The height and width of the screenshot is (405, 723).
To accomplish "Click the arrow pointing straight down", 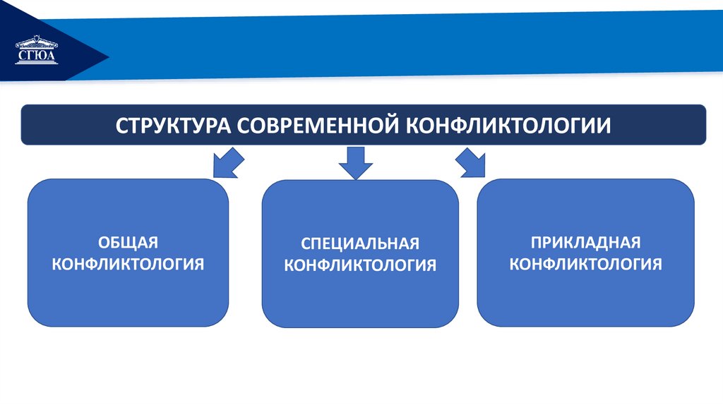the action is [354, 162].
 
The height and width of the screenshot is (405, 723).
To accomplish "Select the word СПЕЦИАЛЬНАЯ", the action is [360, 243].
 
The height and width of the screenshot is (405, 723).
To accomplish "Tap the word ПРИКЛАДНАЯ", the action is [586, 243].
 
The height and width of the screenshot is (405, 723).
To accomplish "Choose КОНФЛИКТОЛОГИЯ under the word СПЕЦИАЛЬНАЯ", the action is [360, 266].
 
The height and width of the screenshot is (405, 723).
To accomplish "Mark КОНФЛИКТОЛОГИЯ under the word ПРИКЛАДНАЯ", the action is [586, 265].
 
